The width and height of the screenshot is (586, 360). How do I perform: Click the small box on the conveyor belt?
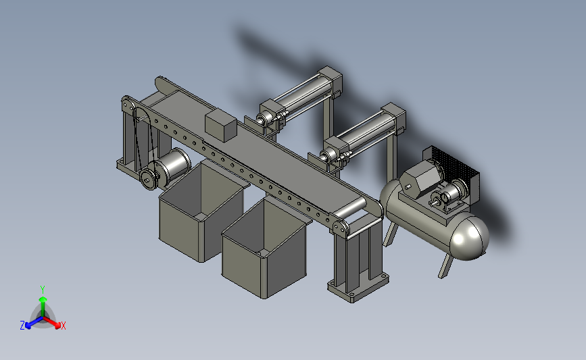(221, 126)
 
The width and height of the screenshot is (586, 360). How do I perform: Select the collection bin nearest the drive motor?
(202, 211)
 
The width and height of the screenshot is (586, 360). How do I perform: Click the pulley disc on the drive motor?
(148, 180)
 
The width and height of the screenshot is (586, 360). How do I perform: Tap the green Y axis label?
(43, 290)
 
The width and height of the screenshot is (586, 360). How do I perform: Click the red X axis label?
(63, 326)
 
